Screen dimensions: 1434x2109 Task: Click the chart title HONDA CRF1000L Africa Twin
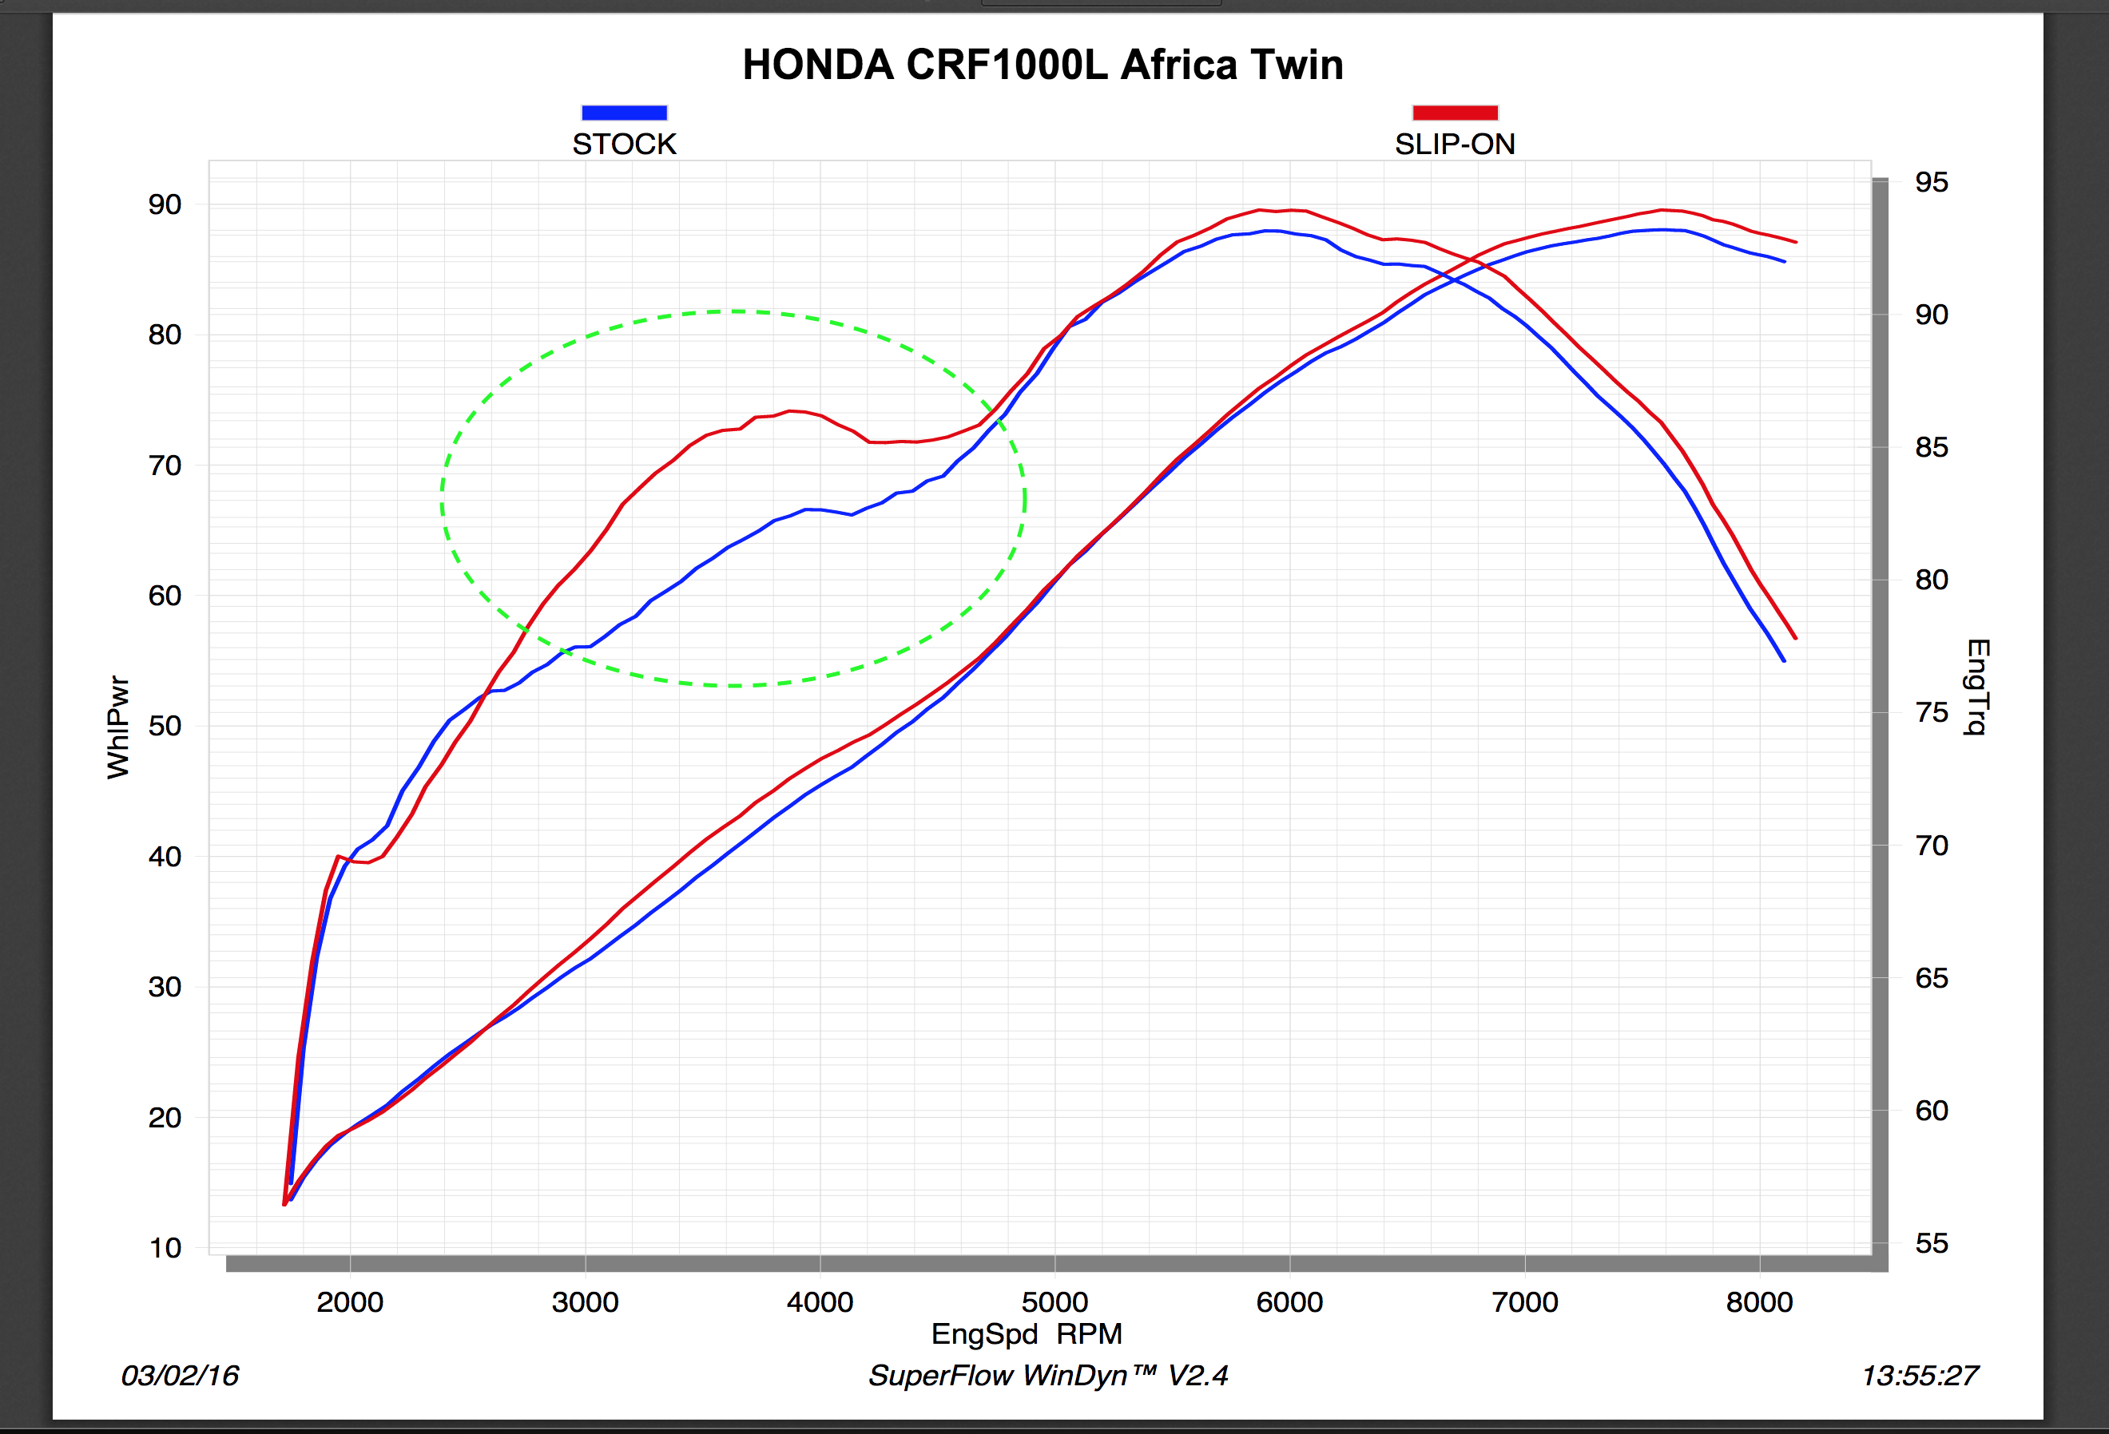click(1043, 65)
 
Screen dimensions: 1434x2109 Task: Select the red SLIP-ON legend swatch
click(1455, 113)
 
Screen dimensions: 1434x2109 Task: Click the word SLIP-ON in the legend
click(1455, 145)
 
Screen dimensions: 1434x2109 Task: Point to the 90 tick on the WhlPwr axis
click(165, 205)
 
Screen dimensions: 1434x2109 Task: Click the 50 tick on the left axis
click(165, 727)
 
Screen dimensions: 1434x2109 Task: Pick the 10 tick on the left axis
click(165, 1248)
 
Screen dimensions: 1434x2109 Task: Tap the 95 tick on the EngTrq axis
click(1931, 182)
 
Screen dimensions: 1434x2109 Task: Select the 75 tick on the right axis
click(1931, 713)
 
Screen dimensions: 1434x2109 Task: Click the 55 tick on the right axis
click(1931, 1243)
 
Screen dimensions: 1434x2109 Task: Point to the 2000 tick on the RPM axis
click(349, 1302)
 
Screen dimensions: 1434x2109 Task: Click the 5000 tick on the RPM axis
click(1054, 1302)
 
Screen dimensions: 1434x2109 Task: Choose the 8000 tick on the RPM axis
click(1759, 1302)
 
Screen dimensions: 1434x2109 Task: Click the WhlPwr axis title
click(118, 727)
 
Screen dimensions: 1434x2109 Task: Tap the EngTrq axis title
click(1978, 687)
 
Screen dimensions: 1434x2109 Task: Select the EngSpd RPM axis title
click(1027, 1334)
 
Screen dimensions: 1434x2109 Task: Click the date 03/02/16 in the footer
click(180, 1376)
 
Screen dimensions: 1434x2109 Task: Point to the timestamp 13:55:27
click(1920, 1376)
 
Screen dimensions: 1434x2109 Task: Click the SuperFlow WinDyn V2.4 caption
click(1048, 1376)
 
